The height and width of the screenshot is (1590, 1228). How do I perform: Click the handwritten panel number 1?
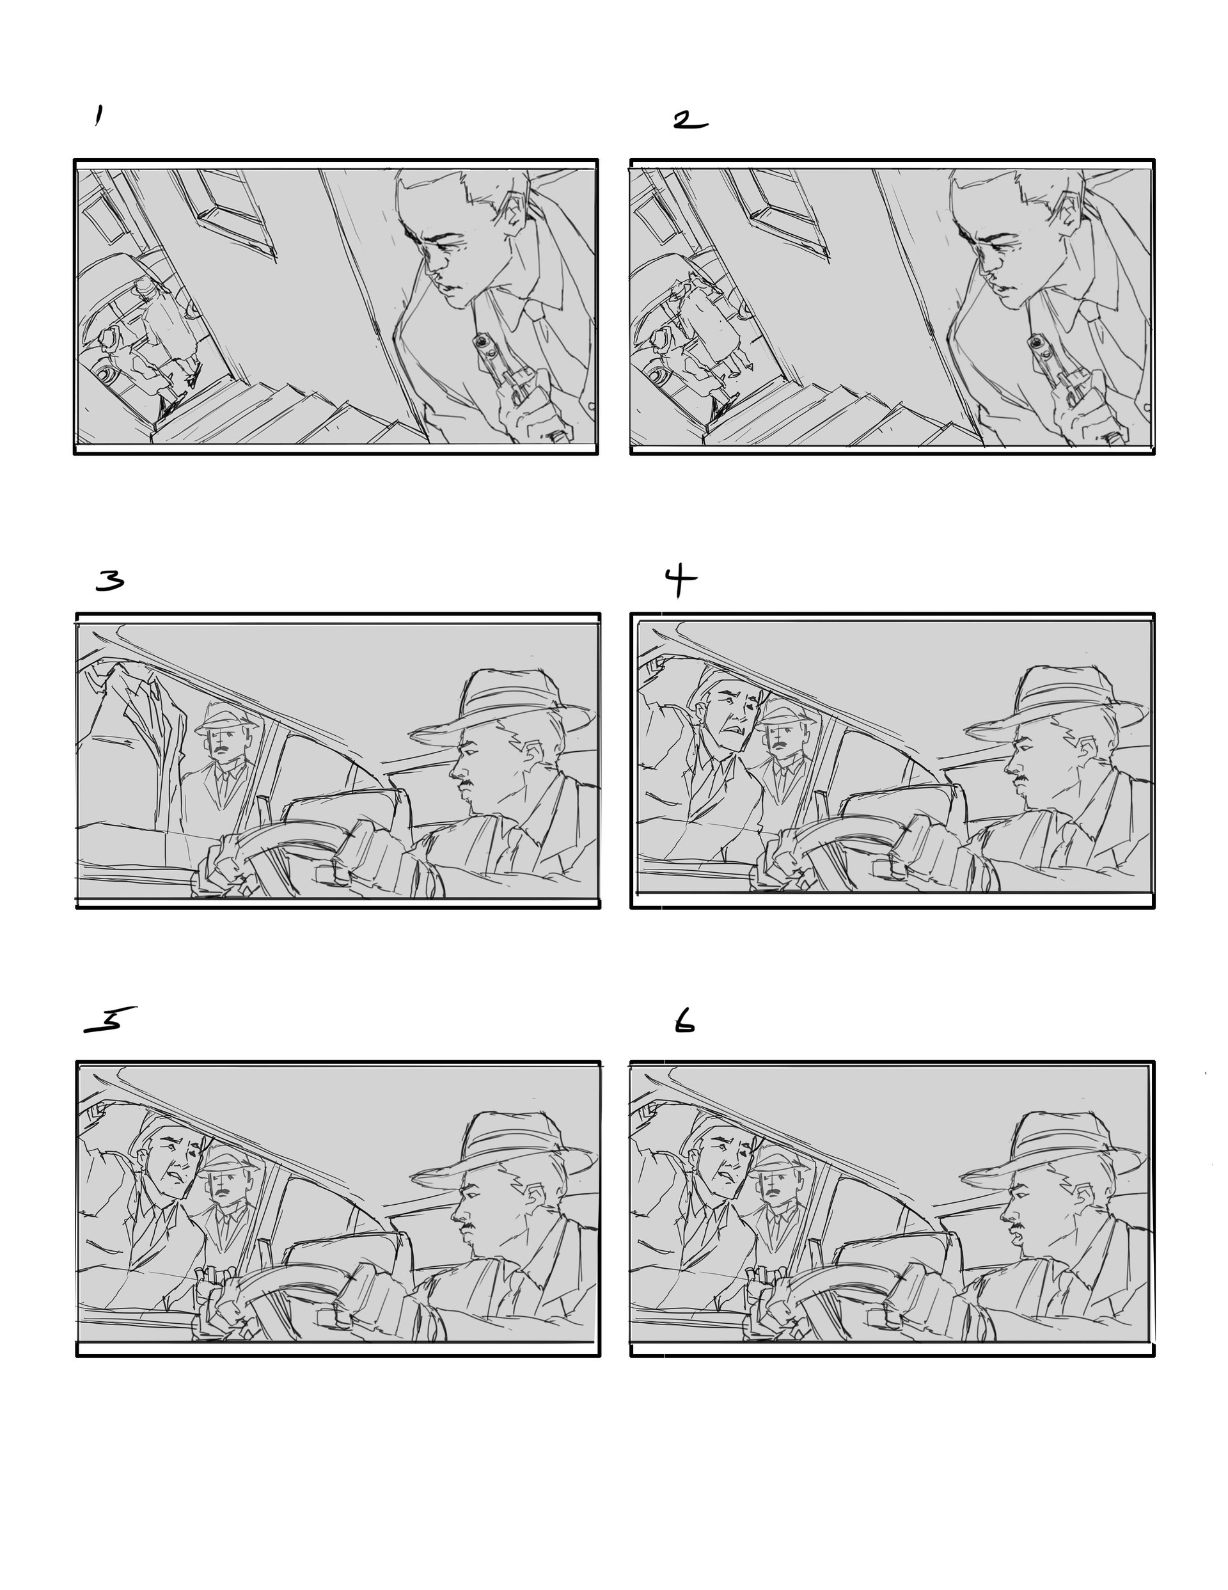(x=98, y=116)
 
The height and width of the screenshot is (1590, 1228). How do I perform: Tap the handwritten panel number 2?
(x=689, y=121)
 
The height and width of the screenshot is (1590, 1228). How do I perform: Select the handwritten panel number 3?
(x=110, y=580)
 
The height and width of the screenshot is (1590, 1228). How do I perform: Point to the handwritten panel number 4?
(x=679, y=581)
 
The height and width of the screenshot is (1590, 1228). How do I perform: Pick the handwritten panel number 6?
(x=684, y=1024)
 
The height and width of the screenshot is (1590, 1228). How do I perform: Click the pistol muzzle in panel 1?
(x=481, y=342)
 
